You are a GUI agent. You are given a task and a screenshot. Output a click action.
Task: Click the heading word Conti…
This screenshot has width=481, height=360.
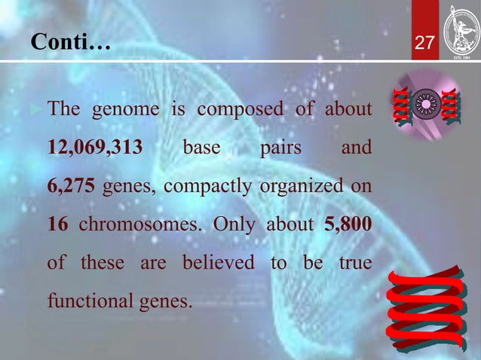click(70, 44)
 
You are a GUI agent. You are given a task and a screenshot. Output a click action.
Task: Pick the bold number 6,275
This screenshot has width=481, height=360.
click(71, 187)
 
